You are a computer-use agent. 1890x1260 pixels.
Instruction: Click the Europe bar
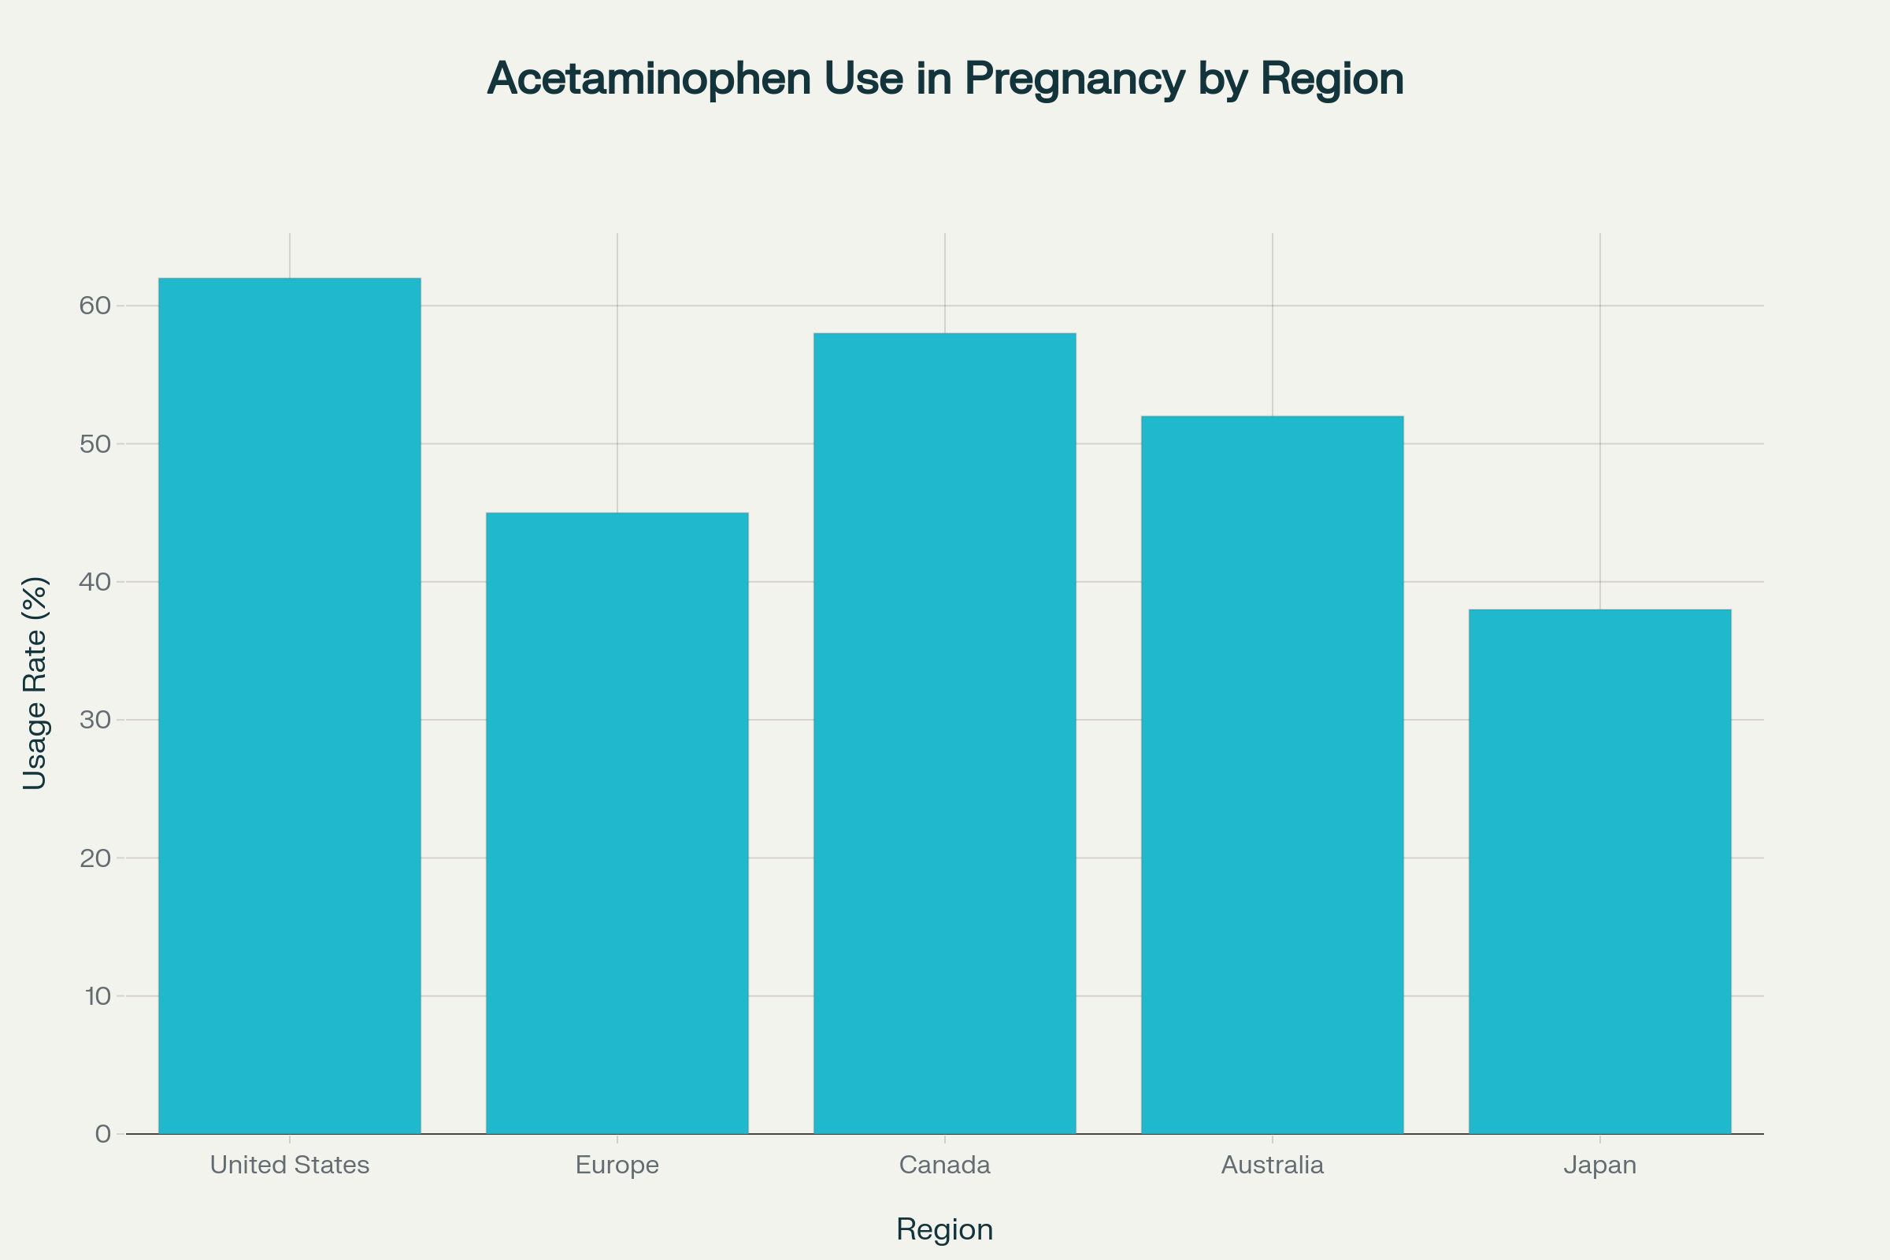(x=617, y=823)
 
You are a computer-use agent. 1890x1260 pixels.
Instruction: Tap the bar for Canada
(x=944, y=733)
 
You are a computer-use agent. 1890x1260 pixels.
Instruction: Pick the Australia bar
(x=1272, y=775)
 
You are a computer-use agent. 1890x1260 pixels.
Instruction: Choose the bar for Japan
(x=1599, y=871)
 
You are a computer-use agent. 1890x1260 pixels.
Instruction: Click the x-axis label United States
(x=289, y=1165)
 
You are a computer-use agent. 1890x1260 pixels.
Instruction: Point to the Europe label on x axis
(x=617, y=1165)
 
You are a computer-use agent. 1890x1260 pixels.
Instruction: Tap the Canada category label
(x=944, y=1165)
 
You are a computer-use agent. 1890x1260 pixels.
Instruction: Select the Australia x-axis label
(x=1272, y=1165)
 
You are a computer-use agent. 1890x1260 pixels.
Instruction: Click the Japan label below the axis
(x=1599, y=1165)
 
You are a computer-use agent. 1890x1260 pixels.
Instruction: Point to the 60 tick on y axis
(x=94, y=306)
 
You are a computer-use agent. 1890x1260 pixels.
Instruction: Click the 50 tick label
(x=94, y=443)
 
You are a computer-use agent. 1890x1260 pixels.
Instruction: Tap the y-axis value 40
(x=94, y=582)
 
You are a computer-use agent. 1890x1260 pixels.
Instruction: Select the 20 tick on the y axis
(x=94, y=858)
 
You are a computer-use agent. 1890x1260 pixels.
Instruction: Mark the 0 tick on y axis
(x=103, y=1134)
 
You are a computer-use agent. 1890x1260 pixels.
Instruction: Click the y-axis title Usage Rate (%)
(x=35, y=683)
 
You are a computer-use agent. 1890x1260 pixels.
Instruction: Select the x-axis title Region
(x=944, y=1229)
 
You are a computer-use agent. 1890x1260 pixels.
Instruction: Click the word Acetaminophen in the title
(x=649, y=79)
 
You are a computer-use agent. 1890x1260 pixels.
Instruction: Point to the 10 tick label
(x=96, y=996)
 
